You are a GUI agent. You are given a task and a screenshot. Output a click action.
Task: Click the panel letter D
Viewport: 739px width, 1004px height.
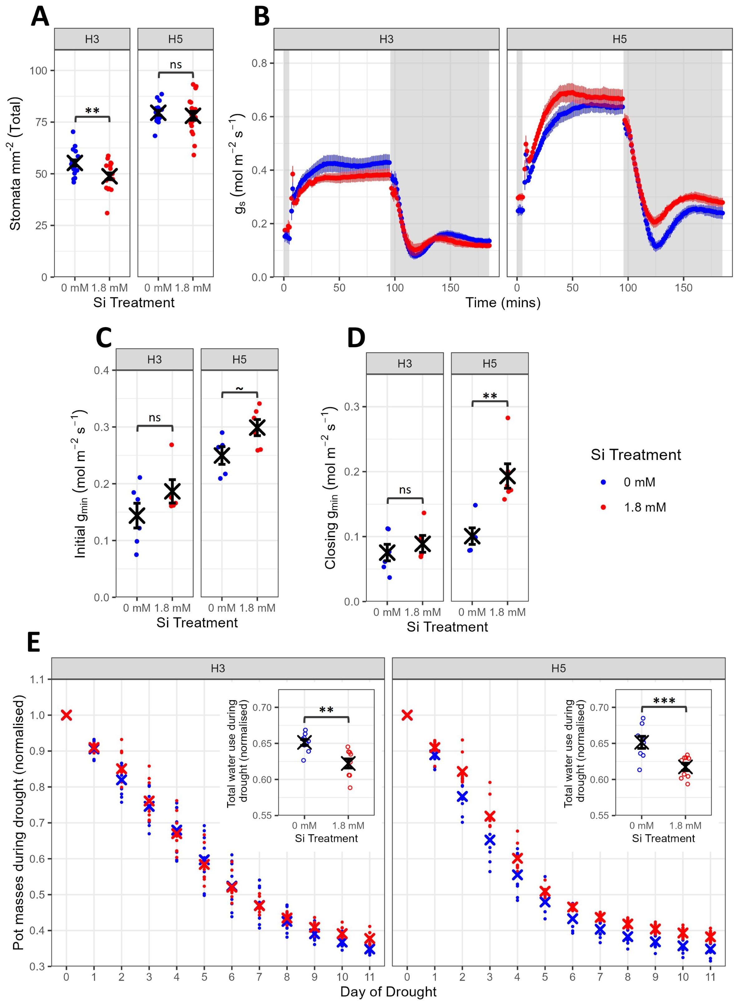356,338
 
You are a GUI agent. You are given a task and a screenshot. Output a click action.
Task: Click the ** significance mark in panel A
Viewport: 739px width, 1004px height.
92,110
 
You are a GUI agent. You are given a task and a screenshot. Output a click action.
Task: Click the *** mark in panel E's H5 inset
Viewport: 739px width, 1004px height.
664,701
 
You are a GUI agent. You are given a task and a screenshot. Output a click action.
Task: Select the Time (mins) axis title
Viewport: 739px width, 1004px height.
503,303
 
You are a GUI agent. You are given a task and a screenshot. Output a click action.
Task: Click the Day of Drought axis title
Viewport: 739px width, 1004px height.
388,992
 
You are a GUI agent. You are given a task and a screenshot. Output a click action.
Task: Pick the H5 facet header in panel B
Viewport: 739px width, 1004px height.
619,39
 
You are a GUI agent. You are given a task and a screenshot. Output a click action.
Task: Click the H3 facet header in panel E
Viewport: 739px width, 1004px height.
218,668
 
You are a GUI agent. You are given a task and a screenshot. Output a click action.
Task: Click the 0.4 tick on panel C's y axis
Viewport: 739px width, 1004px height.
102,370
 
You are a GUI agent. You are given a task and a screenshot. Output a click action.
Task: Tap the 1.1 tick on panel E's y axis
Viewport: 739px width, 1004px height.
38,679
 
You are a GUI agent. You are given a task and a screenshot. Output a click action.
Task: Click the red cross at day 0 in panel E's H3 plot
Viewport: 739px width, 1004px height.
66,715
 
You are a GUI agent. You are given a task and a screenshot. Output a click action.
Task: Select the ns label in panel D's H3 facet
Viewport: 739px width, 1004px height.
405,490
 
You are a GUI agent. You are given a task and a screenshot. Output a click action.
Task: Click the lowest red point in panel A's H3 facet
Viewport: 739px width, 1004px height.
107,213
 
